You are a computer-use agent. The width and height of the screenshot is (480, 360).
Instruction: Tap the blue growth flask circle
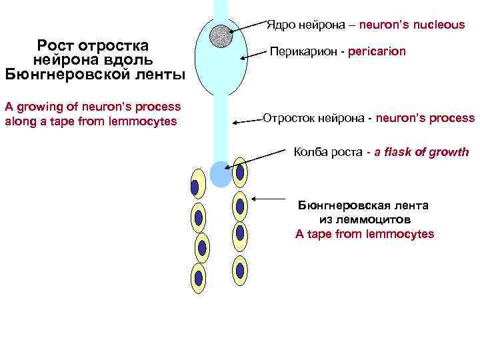(220, 174)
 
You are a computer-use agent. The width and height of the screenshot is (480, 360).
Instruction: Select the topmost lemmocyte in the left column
(195, 185)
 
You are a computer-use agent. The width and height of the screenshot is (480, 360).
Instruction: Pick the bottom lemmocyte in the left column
(198, 279)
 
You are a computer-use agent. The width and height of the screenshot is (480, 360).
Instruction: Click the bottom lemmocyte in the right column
(240, 270)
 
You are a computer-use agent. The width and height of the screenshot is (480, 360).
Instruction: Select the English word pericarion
(376, 51)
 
